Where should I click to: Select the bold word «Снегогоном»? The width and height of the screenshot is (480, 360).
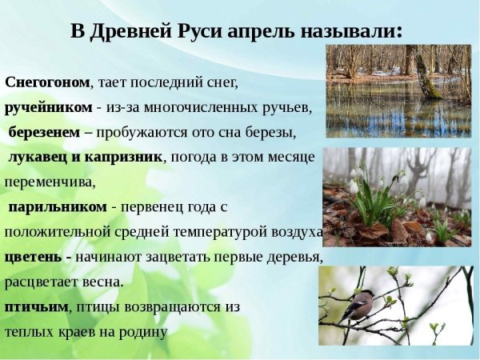click(47, 82)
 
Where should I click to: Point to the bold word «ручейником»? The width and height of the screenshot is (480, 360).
click(47, 106)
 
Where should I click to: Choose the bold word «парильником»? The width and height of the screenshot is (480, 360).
click(58, 206)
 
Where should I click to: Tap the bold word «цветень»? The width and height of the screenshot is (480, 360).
click(35, 257)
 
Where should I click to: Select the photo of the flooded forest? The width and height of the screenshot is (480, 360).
click(398, 90)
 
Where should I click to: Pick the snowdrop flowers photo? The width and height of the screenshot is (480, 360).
click(397, 196)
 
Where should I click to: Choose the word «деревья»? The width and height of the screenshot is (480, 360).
click(296, 257)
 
